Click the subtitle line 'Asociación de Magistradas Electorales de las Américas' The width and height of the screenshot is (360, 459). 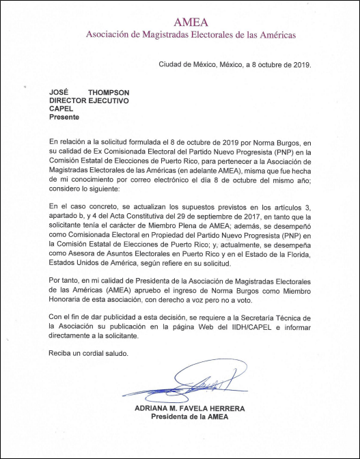191,34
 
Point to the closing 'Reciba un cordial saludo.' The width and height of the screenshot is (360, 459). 89,353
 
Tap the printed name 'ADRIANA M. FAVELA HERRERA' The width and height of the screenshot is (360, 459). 191,408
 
